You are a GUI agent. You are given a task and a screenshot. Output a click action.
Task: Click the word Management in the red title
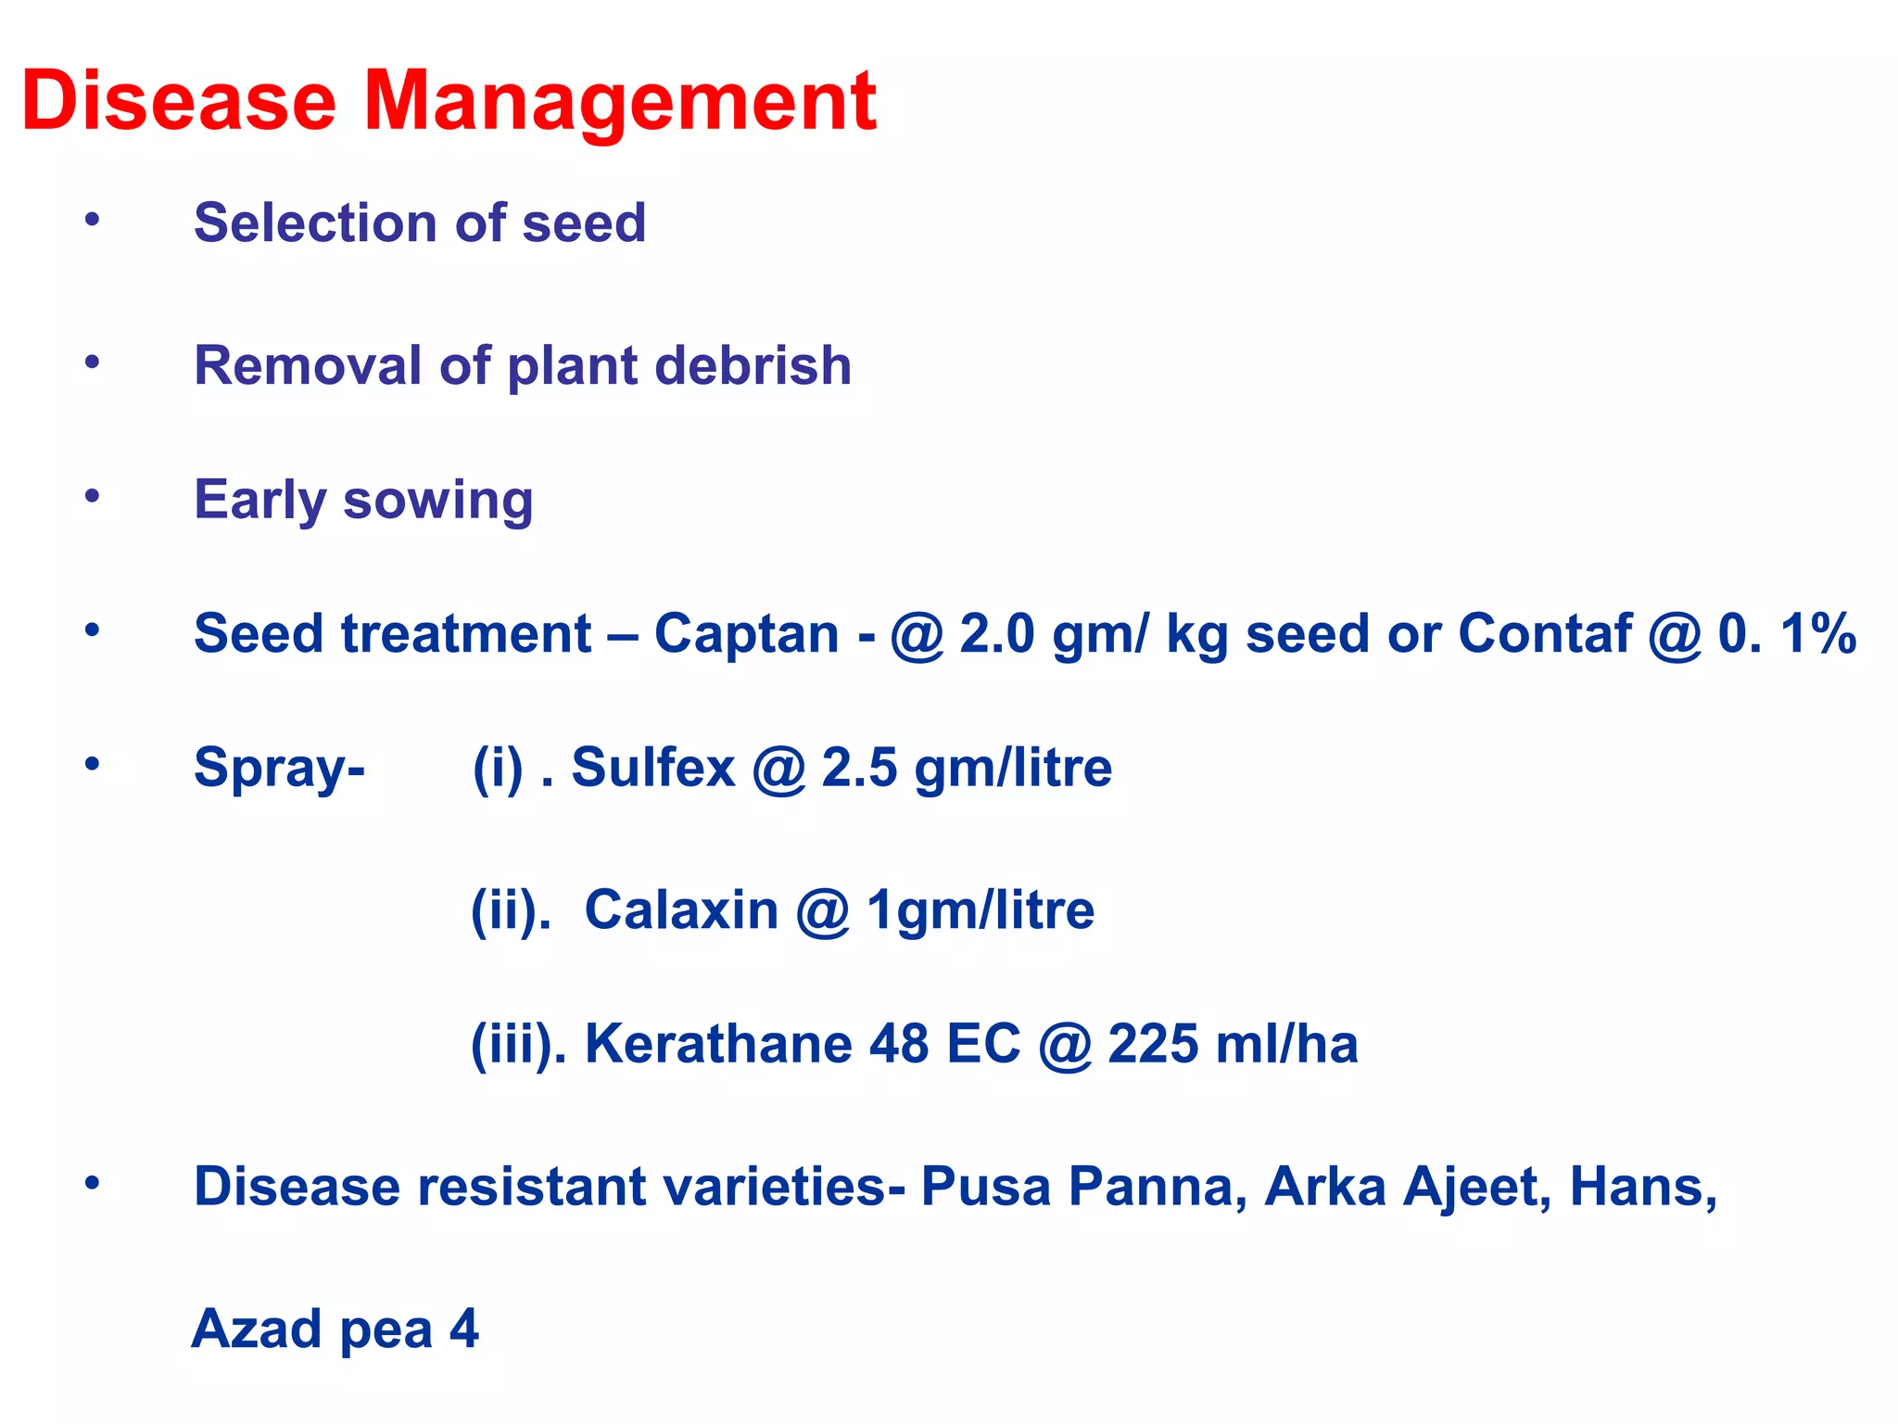[x=619, y=102]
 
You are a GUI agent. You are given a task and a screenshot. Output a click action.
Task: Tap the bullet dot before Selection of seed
[x=92, y=220]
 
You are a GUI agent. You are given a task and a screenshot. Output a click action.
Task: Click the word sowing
[x=437, y=501]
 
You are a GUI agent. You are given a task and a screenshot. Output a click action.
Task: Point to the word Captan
[x=746, y=634]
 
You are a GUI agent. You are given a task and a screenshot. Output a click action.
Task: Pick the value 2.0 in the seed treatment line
[x=996, y=634]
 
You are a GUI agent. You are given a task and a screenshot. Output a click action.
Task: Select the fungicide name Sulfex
[x=652, y=768]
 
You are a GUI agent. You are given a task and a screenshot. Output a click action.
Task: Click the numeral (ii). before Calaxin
[x=511, y=910]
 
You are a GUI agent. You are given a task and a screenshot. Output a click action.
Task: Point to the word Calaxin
[x=681, y=910]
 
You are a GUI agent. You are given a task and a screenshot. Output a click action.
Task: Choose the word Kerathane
[x=718, y=1044]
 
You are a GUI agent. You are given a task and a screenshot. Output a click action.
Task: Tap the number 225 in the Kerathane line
[x=1153, y=1044]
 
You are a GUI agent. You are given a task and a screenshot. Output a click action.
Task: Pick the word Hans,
[x=1643, y=1187]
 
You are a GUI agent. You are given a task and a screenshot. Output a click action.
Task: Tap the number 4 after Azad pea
[x=464, y=1329]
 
